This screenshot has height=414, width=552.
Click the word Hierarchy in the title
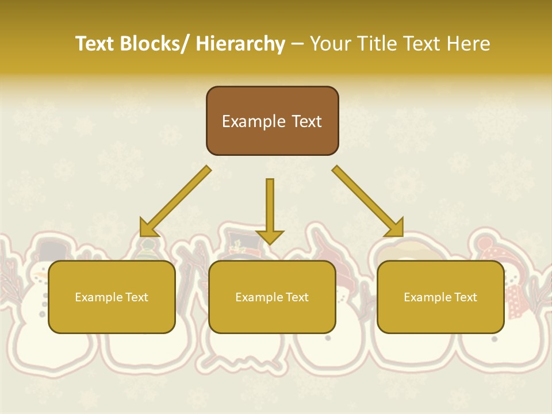[240, 44]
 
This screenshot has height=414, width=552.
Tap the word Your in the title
[330, 44]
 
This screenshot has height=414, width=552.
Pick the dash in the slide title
[297, 44]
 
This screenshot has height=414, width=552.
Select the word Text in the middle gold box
[296, 297]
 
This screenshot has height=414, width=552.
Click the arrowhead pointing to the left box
[148, 228]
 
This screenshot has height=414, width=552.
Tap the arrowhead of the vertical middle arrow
[270, 236]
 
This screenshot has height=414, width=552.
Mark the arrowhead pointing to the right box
[396, 228]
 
